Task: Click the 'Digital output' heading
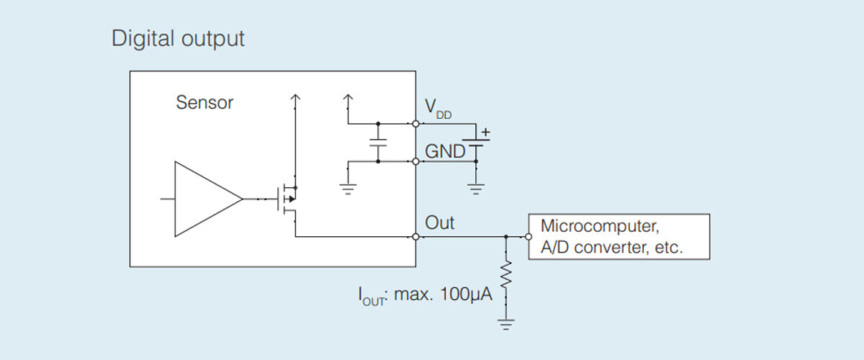coord(178,38)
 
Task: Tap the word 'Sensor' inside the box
coord(204,102)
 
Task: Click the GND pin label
coord(445,151)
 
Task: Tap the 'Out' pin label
coord(440,222)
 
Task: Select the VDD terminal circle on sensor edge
coord(416,123)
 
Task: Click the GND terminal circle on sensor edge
coord(416,161)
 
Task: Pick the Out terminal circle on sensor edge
coord(416,236)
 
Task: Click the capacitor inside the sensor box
coord(377,143)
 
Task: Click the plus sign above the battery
coord(485,132)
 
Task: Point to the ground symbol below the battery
coord(475,189)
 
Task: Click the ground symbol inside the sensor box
coord(348,189)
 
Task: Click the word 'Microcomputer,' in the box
coord(599,225)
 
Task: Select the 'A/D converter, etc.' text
coord(611,248)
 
